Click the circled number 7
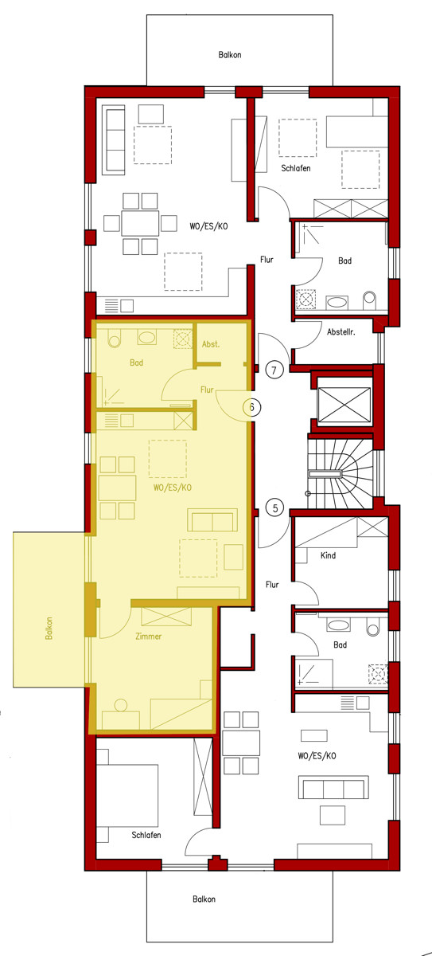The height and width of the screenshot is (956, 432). tap(274, 370)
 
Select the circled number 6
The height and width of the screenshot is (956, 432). tap(251, 408)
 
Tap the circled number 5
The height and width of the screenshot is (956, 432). tap(274, 507)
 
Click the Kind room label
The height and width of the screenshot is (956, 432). tap(328, 554)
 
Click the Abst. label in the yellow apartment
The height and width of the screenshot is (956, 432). tap(211, 344)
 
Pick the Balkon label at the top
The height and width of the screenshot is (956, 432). tap(230, 55)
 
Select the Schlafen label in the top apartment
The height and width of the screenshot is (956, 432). tap(295, 170)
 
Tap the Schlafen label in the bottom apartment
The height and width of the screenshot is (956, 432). tap(147, 835)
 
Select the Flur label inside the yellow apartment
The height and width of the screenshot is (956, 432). tap(208, 390)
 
